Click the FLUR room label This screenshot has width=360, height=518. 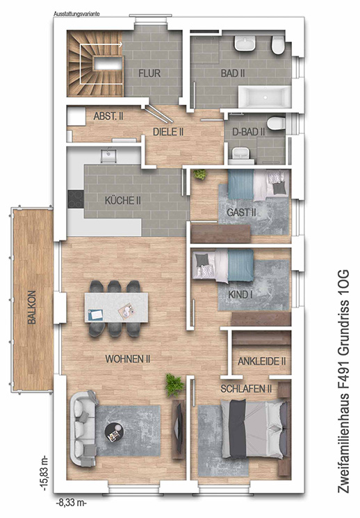tap(149, 73)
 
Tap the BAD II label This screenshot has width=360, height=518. tap(233, 73)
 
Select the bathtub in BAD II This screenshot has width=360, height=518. tap(265, 97)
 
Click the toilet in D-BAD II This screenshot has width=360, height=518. tap(276, 124)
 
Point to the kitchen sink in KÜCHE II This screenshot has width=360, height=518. tap(108, 156)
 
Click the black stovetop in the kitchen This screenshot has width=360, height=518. tap(76, 199)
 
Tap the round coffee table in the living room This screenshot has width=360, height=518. tap(114, 432)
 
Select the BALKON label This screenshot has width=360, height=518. tap(32, 307)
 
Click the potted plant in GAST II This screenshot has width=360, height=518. tap(199, 174)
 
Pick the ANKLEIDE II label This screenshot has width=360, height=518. tap(261, 361)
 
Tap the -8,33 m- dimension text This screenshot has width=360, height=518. tap(71, 503)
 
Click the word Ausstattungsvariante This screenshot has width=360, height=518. tap(76, 14)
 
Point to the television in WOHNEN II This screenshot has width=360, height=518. tap(179, 428)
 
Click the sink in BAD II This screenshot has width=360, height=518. tap(245, 44)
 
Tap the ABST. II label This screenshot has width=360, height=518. tap(108, 116)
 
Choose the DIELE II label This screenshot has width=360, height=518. tap(168, 132)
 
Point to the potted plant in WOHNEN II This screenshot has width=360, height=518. tap(174, 385)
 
